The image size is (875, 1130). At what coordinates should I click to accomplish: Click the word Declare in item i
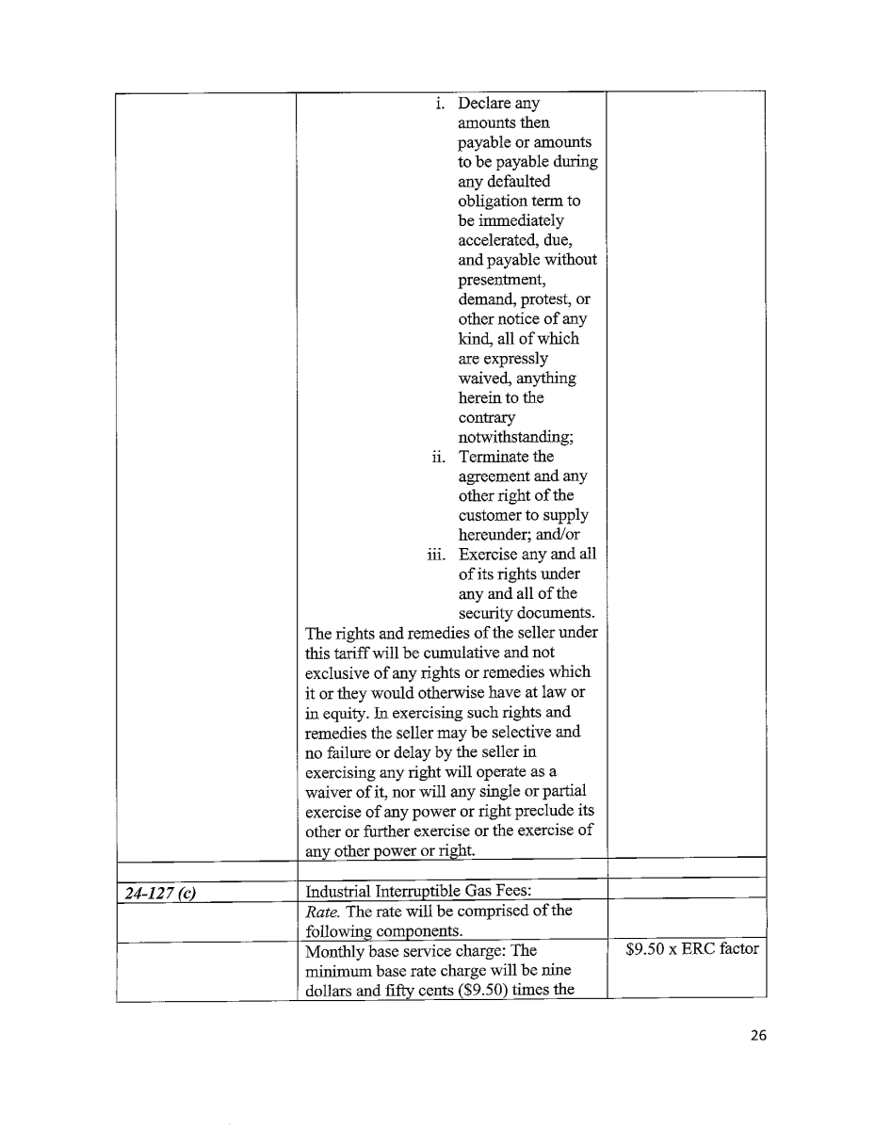[485, 103]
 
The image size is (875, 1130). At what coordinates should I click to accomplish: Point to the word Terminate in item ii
[493, 457]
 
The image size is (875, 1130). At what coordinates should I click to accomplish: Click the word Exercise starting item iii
[489, 555]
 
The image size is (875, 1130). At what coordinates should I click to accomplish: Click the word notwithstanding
[509, 437]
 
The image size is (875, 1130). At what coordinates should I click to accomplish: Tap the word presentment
[496, 280]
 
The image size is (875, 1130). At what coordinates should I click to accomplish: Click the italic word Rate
[322, 911]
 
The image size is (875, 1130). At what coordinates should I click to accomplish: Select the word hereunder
[494, 535]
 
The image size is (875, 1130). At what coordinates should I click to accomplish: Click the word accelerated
[495, 240]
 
